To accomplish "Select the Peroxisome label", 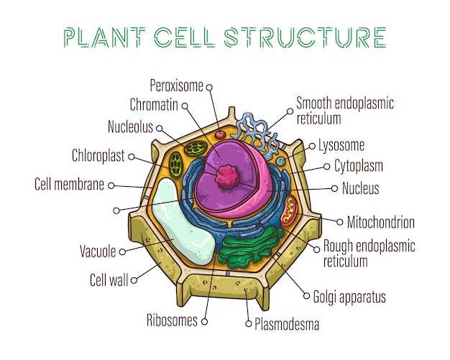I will (176, 86).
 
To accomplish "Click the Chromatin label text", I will (153, 106).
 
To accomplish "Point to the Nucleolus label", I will (130, 127).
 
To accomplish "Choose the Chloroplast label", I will (98, 155).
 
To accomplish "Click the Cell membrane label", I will (69, 184).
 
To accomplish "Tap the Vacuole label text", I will (98, 251).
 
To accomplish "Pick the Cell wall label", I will (109, 280).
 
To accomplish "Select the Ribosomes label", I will (171, 320).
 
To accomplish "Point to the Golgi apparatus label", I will (350, 296).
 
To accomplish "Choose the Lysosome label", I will (341, 144).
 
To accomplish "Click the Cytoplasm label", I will (358, 166).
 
